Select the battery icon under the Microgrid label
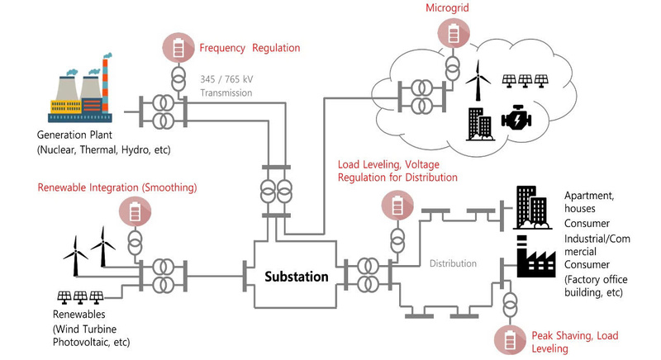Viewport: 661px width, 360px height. pos(453,32)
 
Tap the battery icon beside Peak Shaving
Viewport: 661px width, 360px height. pos(509,338)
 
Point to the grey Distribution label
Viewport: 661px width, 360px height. pos(453,263)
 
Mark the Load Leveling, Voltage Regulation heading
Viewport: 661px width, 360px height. pos(397,170)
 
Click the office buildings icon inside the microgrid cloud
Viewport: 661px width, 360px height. pos(480,124)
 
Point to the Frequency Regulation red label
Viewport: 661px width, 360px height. pos(250,47)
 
